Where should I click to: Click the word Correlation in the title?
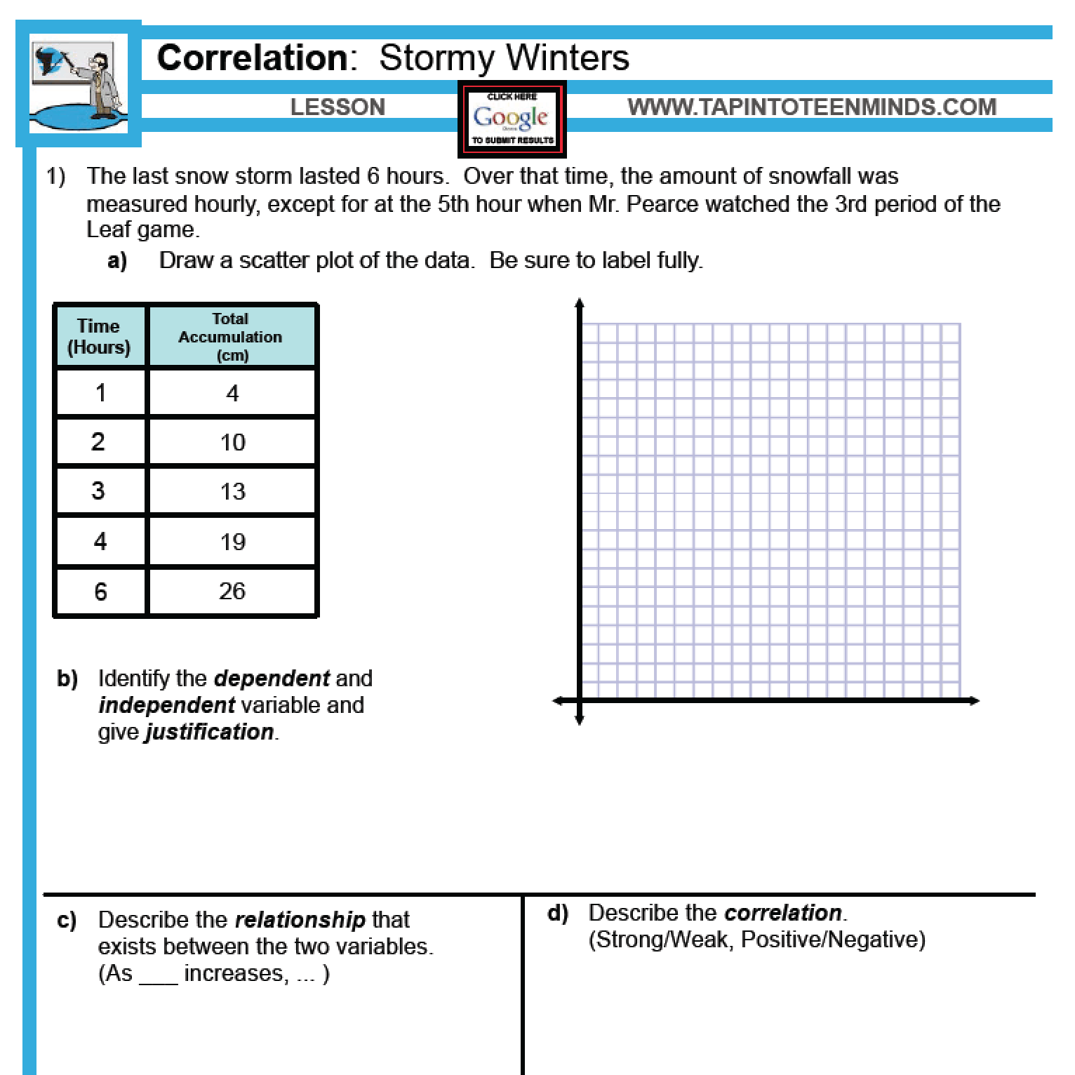pyautogui.click(x=252, y=58)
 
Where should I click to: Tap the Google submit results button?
pyautogui.click(x=512, y=119)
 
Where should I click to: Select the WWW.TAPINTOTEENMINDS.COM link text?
pyautogui.click(x=812, y=107)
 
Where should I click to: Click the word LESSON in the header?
pyautogui.click(x=338, y=107)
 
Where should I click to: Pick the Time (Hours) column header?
pyautogui.click(x=99, y=336)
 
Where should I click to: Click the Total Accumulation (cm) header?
pyautogui.click(x=231, y=336)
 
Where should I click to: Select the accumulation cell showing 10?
pyautogui.click(x=232, y=442)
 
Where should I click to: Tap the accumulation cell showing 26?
pyautogui.click(x=232, y=591)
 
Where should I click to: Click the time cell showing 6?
pyautogui.click(x=100, y=592)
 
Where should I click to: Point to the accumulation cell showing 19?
pyautogui.click(x=232, y=541)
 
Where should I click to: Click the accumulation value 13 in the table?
pyautogui.click(x=232, y=491)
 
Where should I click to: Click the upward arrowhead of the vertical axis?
pyautogui.click(x=579, y=304)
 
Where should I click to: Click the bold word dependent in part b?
pyautogui.click(x=272, y=679)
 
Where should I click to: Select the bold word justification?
pyautogui.click(x=209, y=732)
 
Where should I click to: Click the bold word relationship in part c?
pyautogui.click(x=300, y=919)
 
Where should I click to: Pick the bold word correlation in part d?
pyautogui.click(x=782, y=912)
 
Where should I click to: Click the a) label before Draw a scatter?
pyautogui.click(x=117, y=261)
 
